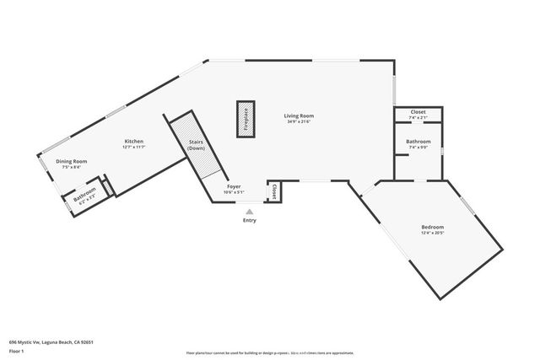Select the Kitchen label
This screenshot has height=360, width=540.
(134, 141)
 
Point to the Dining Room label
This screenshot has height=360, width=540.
(72, 161)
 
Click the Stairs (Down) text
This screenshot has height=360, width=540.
(196, 145)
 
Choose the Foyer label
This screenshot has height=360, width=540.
(234, 186)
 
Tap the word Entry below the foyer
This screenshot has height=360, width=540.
(249, 221)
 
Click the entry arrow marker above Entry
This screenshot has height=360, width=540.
(249, 212)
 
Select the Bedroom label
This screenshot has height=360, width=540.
(433, 227)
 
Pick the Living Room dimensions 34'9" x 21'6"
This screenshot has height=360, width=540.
(300, 121)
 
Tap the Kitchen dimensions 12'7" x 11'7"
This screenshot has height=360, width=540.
(134, 147)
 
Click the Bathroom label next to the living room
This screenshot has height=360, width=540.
(418, 141)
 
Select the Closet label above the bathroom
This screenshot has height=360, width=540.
(418, 112)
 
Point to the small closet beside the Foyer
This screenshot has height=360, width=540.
(273, 192)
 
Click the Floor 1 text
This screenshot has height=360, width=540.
(17, 350)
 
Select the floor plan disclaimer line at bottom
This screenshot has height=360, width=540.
(270, 352)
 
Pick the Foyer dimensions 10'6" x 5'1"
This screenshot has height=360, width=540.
(234, 192)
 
